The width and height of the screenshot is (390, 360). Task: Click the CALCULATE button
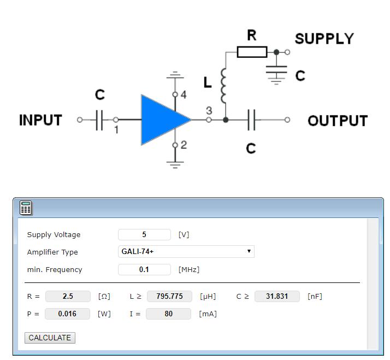[x=50, y=338]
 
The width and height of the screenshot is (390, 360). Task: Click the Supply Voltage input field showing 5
[x=144, y=234]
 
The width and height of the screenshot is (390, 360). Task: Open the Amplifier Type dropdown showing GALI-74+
[x=186, y=252]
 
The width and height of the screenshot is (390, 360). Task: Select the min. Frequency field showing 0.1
[x=144, y=269]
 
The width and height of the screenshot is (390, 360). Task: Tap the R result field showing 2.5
[x=68, y=296]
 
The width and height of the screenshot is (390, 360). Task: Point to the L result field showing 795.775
[x=169, y=296]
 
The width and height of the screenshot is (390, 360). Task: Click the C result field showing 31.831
[x=277, y=296]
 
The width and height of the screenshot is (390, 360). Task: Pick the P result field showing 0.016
[x=67, y=314]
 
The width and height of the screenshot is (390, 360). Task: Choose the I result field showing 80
[x=168, y=314]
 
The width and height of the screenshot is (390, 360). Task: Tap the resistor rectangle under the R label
[x=252, y=52]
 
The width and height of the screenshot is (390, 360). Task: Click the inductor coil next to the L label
[x=223, y=86]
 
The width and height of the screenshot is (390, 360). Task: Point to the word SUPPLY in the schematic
[x=324, y=39]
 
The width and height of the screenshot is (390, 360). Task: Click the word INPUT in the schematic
[x=40, y=120]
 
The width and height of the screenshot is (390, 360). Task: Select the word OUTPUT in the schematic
[x=338, y=121]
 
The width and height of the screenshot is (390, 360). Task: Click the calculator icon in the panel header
[x=26, y=208]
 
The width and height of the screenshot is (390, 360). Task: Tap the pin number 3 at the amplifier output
[x=209, y=110]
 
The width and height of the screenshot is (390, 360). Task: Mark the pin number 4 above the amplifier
[x=184, y=95]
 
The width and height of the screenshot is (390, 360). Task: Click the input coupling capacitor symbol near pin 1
[x=99, y=120]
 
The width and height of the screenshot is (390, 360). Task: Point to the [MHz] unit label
[x=188, y=269]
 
